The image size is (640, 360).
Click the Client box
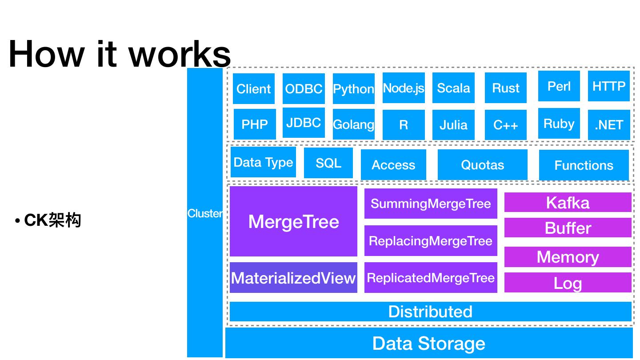click(254, 88)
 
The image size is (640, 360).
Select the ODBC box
click(304, 88)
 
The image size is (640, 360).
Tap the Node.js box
click(404, 88)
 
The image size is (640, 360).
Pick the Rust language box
click(506, 88)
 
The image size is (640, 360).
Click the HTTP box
click(609, 86)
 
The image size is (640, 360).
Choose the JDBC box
click(304, 123)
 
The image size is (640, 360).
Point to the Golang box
click(353, 124)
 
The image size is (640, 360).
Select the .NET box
click(609, 125)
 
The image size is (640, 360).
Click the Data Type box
click(263, 162)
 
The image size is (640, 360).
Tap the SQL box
click(328, 163)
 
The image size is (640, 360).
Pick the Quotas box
click(483, 165)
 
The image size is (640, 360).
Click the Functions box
click(584, 165)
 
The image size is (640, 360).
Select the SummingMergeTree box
click(431, 204)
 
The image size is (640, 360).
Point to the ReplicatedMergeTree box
click(431, 278)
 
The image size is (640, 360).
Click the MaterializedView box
click(293, 278)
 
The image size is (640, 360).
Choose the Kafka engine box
click(568, 203)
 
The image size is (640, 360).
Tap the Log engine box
click(568, 283)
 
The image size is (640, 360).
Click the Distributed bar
click(430, 312)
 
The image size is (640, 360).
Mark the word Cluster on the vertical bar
click(205, 213)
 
